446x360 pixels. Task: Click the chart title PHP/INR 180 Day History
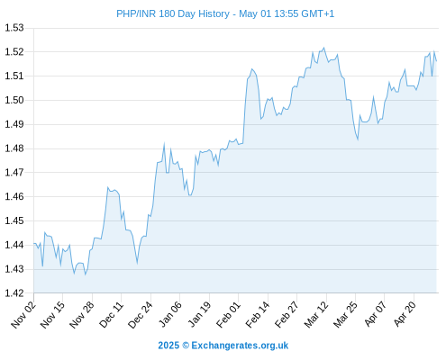pos(173,13)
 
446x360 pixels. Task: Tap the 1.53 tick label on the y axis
pos(14,28)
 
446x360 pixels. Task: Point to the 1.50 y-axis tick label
pos(14,100)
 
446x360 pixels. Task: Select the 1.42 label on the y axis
pos(14,293)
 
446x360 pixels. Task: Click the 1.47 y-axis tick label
pos(14,173)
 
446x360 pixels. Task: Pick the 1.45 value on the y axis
pos(14,220)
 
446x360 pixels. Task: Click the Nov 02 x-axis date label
pos(23,315)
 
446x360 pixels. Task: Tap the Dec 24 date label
pos(141,315)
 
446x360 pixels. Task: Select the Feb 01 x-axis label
pos(229,315)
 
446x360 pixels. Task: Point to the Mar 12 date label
pos(316,315)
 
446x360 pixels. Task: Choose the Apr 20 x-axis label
pos(405,314)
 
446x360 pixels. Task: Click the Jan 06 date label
pos(170,314)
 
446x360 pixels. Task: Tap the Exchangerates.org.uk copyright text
pos(223,346)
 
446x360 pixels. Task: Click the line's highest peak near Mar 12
pos(323,48)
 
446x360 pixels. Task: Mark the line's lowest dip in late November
pos(86,274)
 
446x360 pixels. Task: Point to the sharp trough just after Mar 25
pos(358,139)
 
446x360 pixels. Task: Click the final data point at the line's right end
pos(436,61)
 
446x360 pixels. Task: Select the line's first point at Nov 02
pos(34,243)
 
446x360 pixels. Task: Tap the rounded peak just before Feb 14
pos(252,69)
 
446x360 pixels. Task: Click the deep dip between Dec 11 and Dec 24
pos(137,263)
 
